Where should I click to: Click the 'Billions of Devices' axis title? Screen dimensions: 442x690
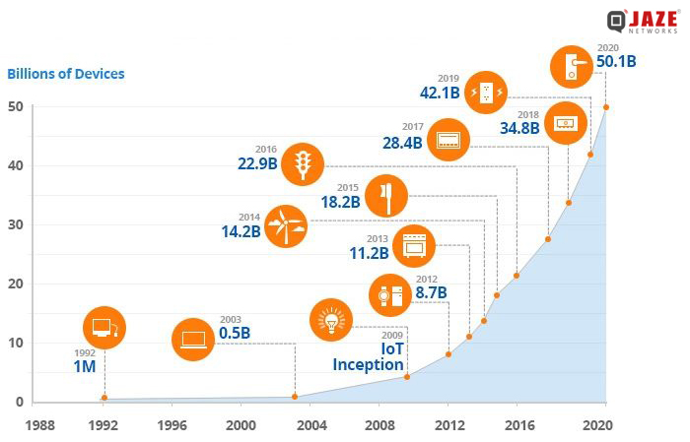click(x=66, y=74)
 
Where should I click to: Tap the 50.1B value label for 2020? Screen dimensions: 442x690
click(x=616, y=62)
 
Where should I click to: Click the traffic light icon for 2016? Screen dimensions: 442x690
click(x=302, y=163)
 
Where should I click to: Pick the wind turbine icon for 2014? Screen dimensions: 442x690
click(x=286, y=225)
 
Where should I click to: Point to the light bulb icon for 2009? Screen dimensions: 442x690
click(x=330, y=318)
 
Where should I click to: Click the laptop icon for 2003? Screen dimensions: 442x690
click(x=192, y=340)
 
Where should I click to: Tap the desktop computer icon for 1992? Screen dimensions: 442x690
click(x=103, y=328)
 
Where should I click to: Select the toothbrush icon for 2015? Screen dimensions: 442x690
click(x=385, y=195)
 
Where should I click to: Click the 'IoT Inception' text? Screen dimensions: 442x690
click(x=368, y=356)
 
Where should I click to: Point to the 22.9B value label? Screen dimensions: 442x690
click(x=257, y=163)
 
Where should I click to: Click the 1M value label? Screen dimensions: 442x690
click(x=84, y=366)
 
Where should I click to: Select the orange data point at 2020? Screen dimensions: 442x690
click(x=606, y=107)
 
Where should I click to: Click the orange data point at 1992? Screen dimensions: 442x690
click(x=104, y=399)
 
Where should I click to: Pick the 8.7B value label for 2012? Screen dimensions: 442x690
click(x=430, y=292)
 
